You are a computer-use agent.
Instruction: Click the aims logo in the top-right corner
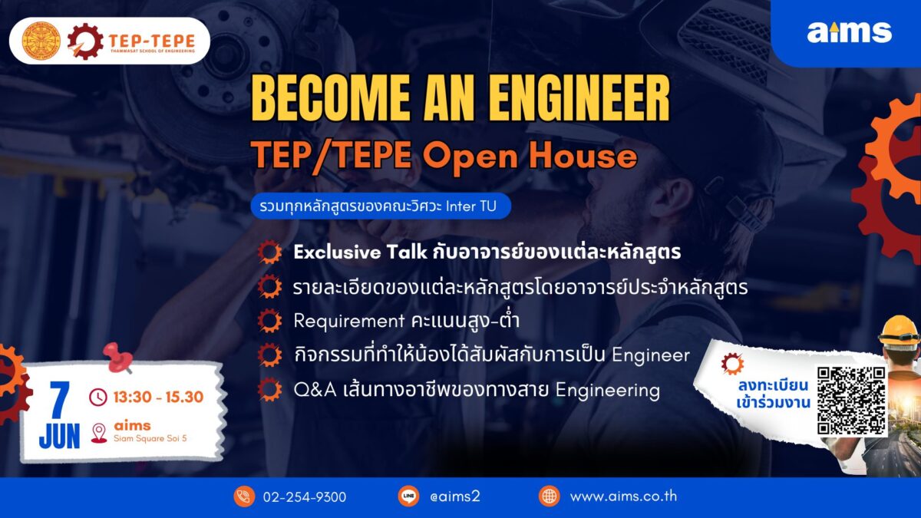(850, 32)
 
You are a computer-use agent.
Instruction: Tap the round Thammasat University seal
(41, 41)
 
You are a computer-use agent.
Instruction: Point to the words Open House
(530, 157)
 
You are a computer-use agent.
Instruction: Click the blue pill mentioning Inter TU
(381, 206)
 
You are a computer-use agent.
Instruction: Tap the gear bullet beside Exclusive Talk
(269, 252)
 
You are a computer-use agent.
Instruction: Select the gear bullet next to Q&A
(269, 390)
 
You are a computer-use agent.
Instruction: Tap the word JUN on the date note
(59, 437)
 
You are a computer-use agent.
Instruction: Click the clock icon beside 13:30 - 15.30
(98, 398)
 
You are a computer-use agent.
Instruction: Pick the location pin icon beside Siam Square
(99, 433)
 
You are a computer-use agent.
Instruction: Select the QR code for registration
(851, 401)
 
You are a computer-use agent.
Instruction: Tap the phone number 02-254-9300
(304, 497)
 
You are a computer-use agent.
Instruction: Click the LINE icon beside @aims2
(408, 497)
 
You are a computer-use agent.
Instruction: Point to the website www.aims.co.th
(623, 497)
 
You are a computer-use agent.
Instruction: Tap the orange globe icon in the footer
(550, 497)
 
